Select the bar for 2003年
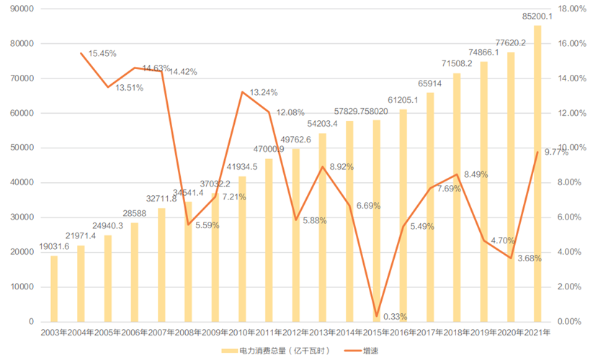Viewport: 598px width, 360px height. (x=54, y=289)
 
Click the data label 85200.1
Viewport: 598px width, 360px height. (x=537, y=16)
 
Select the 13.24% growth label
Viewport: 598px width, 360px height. (x=264, y=93)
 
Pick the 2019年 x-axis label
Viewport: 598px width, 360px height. (x=484, y=333)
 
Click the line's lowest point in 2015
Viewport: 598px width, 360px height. (x=376, y=315)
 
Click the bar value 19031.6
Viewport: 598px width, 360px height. (x=54, y=246)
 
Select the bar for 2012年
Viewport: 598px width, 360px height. (x=296, y=235)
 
